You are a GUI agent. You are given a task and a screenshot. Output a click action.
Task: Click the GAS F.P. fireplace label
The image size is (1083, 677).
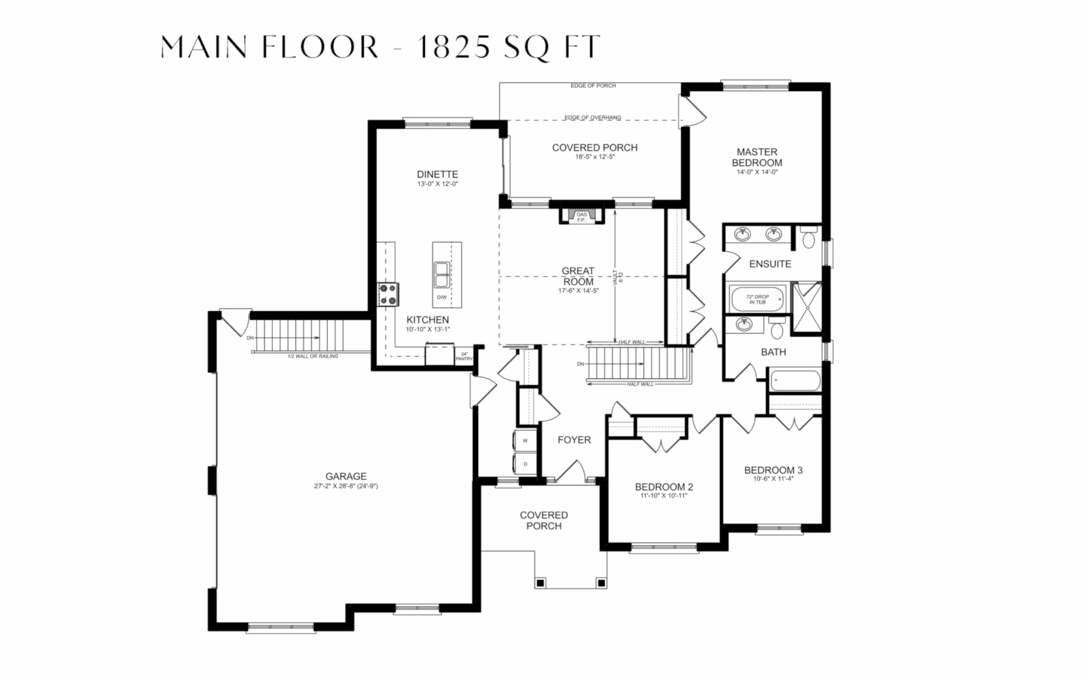pyautogui.click(x=582, y=217)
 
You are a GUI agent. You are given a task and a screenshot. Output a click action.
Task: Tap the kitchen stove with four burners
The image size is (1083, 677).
pyautogui.click(x=388, y=295)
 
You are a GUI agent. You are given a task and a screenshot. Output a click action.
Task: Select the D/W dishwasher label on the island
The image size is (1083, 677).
pyautogui.click(x=442, y=297)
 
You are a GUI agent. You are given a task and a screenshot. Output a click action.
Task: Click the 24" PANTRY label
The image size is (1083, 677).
pyautogui.click(x=464, y=356)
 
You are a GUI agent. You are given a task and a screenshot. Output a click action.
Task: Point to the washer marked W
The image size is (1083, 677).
pyautogui.click(x=525, y=440)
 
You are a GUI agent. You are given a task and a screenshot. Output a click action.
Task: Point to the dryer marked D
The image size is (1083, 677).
pyautogui.click(x=525, y=464)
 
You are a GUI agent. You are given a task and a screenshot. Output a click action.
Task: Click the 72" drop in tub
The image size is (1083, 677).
pyautogui.click(x=757, y=299)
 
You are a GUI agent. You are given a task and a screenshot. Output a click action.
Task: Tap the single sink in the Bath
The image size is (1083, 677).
pyautogui.click(x=745, y=323)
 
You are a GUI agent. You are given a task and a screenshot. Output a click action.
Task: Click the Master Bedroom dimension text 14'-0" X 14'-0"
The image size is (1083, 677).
pyautogui.click(x=757, y=172)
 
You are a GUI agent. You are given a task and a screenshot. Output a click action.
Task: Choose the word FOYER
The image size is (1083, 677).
pyautogui.click(x=574, y=440)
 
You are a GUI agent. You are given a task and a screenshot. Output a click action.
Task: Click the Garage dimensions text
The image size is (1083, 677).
pyautogui.click(x=346, y=486)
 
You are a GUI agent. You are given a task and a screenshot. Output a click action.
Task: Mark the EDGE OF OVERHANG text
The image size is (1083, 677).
pyautogui.click(x=593, y=117)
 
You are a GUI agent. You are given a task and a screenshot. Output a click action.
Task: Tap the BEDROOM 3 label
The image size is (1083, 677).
pyautogui.click(x=773, y=470)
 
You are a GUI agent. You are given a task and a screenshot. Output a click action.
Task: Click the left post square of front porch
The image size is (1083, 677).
pyautogui.click(x=540, y=583)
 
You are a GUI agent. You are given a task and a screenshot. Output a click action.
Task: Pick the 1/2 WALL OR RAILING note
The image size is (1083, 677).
pyautogui.click(x=313, y=356)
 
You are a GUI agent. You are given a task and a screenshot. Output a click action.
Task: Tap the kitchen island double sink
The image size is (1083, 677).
pyautogui.click(x=442, y=274)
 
